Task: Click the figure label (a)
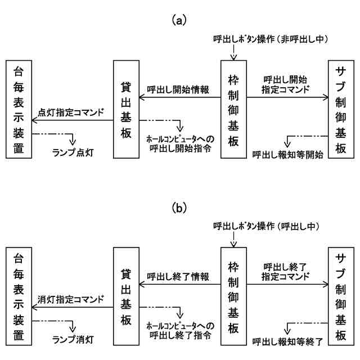tap(179, 21)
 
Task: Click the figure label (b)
tap(179, 208)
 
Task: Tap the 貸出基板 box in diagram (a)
tap(125, 110)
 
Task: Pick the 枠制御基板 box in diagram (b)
tap(233, 298)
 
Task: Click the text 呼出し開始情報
tap(178, 89)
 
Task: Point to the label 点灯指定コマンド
tap(71, 112)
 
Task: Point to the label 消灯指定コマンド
tap(71, 299)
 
